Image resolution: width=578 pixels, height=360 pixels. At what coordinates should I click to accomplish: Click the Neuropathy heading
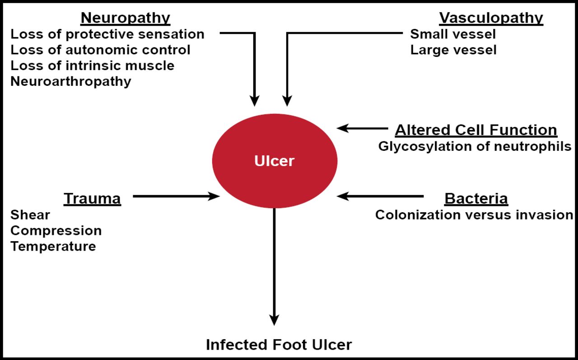[125, 18]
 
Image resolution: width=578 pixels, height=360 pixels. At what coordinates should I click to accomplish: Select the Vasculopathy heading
[491, 18]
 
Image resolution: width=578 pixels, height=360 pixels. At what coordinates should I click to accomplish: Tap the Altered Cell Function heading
[476, 130]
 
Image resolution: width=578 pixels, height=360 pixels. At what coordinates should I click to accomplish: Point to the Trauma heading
[92, 199]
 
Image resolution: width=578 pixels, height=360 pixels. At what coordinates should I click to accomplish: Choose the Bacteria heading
[476, 199]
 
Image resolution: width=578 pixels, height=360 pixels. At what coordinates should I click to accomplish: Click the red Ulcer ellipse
[275, 161]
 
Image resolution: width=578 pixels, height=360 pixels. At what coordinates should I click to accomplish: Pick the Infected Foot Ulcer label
[279, 345]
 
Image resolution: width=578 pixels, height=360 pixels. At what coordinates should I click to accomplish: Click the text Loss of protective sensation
[107, 34]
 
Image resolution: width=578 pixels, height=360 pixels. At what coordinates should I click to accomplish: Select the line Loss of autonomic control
[100, 50]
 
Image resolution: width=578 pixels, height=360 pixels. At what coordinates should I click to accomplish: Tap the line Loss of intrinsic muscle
[93, 65]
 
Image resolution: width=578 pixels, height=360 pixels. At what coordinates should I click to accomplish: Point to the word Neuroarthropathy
[71, 81]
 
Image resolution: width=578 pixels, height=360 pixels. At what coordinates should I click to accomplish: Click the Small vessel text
[453, 34]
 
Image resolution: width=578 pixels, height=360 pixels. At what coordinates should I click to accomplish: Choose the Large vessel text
[453, 50]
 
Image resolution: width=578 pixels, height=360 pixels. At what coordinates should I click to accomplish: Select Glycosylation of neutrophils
[475, 146]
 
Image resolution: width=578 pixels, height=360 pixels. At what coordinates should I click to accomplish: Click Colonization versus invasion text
[474, 215]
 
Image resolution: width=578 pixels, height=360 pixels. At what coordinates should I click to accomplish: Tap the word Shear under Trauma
[30, 215]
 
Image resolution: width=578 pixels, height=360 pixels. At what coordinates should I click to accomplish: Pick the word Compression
[56, 230]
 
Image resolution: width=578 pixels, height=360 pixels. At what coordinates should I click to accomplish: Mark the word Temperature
[53, 246]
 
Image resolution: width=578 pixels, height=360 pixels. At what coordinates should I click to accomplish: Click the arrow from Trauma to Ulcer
[176, 196]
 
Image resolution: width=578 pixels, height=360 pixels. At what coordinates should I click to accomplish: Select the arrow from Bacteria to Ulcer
[380, 196]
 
